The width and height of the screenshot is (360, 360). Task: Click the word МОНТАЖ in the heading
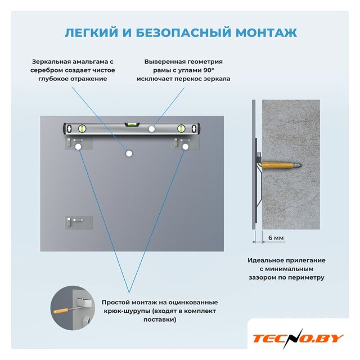click(x=266, y=33)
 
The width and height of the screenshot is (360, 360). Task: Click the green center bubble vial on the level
click(x=132, y=124)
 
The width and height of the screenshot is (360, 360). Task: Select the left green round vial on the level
click(x=82, y=129)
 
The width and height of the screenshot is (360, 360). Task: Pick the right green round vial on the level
click(x=181, y=129)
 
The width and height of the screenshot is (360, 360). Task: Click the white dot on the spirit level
click(x=151, y=129)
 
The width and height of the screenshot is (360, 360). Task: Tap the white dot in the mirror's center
click(x=129, y=154)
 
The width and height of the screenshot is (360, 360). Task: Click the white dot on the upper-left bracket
click(x=78, y=146)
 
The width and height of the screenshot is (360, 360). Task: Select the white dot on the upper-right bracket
click(x=185, y=146)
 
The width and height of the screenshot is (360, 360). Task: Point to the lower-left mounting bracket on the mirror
click(x=79, y=222)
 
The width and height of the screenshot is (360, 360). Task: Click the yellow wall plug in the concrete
click(x=276, y=165)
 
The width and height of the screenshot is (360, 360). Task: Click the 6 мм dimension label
click(x=276, y=237)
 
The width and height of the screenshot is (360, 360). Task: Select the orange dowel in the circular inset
click(x=61, y=311)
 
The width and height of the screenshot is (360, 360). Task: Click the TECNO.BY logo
click(x=298, y=339)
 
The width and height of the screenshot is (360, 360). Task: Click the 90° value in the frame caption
click(x=209, y=70)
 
